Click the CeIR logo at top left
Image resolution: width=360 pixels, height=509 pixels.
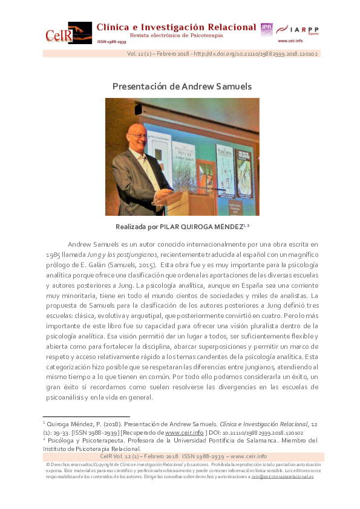coord(68,33)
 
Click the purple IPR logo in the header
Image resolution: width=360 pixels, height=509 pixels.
coord(266,29)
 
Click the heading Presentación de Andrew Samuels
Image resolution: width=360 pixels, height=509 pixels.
coord(182,86)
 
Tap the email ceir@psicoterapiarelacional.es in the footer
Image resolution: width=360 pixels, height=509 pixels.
coord(283,477)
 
